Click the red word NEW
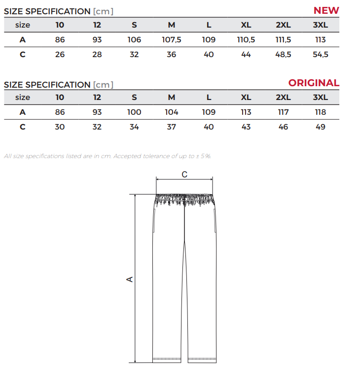pyautogui.click(x=326, y=10)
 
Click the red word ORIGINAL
pyautogui.click(x=314, y=83)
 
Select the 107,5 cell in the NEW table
pyautogui.click(x=171, y=39)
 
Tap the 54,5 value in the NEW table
pyautogui.click(x=321, y=54)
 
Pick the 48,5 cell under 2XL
pyautogui.click(x=283, y=54)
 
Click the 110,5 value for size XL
pyautogui.click(x=246, y=39)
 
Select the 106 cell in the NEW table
pyautogui.click(x=134, y=39)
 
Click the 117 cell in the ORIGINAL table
pyautogui.click(x=283, y=112)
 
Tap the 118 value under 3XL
pyautogui.click(x=321, y=112)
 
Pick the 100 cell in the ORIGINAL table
pyautogui.click(x=134, y=112)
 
